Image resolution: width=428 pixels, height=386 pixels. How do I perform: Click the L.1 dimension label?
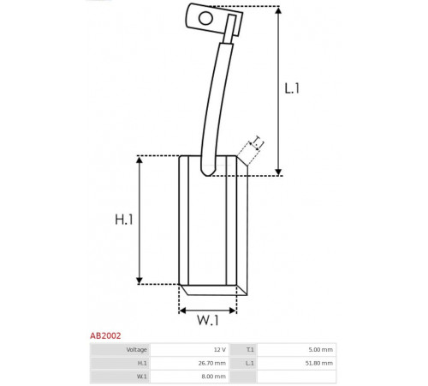(x=292, y=88)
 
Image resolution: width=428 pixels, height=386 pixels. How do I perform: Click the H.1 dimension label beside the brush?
(x=124, y=220)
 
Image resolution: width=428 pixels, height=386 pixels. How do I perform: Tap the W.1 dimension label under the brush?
(x=208, y=320)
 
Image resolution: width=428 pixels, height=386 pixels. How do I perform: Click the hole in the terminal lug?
(x=205, y=18)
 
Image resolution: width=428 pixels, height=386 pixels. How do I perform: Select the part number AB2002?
(x=105, y=335)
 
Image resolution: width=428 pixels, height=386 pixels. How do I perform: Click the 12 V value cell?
(x=190, y=350)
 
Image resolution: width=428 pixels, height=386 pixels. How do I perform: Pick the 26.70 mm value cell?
(x=190, y=363)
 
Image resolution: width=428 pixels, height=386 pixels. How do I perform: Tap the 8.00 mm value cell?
(x=190, y=377)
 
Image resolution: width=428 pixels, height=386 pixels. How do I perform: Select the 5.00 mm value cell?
(x=297, y=350)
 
